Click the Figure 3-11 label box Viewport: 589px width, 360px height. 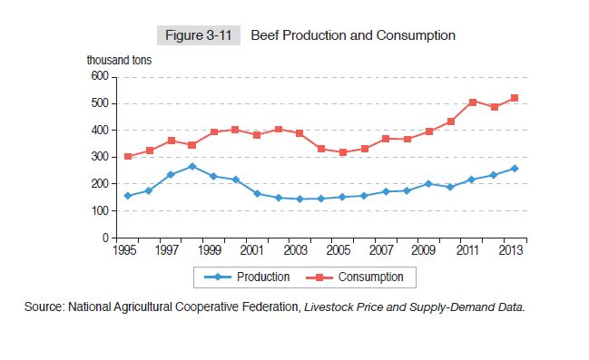pyautogui.click(x=199, y=35)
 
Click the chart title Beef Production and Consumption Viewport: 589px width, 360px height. pyautogui.click(x=352, y=35)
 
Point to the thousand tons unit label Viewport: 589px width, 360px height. pyautogui.click(x=119, y=61)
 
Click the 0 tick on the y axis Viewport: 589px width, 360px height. pyautogui.click(x=104, y=238)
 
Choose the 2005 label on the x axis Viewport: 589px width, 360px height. pyautogui.click(x=338, y=250)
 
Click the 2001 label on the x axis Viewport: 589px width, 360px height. pyautogui.click(x=254, y=250)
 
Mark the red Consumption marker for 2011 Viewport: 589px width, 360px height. pyautogui.click(x=473, y=102)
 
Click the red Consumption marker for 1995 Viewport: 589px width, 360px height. pyautogui.click(x=128, y=156)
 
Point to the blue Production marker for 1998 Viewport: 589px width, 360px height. pyautogui.click(x=191, y=167)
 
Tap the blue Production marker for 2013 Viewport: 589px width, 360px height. pyautogui.click(x=515, y=169)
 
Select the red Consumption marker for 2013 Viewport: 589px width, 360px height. pyautogui.click(x=515, y=98)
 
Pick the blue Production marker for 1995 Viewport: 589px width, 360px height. pyautogui.click(x=128, y=196)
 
